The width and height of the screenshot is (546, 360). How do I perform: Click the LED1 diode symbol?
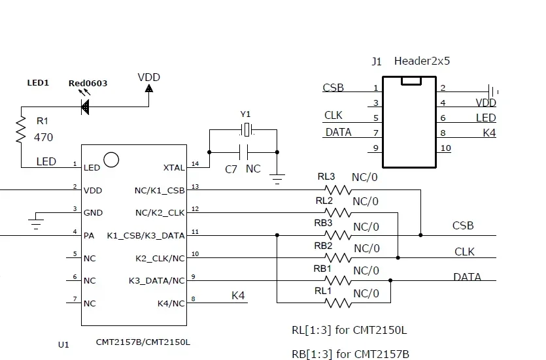tap(85, 106)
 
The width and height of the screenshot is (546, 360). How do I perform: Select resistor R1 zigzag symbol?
tap(21, 129)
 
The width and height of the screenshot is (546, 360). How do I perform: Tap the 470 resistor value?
tap(44, 137)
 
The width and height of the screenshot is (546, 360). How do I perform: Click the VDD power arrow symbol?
tap(148, 89)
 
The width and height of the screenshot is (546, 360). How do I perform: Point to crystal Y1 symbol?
tap(247, 130)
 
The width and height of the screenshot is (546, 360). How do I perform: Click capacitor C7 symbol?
tap(243, 152)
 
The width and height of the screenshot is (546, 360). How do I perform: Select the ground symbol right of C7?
tap(277, 179)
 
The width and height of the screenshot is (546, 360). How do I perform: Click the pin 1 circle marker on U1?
tap(111, 160)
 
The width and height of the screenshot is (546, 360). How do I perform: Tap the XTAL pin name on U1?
tap(174, 168)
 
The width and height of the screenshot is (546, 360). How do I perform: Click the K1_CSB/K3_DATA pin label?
tap(146, 236)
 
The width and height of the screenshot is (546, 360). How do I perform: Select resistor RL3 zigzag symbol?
tap(338, 190)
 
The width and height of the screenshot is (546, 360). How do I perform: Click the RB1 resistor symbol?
tap(338, 280)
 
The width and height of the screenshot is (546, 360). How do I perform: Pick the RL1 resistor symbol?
tap(338, 303)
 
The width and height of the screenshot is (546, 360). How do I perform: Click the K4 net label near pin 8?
tap(238, 295)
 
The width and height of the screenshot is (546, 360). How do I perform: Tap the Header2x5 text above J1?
tap(422, 61)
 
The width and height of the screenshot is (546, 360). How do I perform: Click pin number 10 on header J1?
tap(446, 148)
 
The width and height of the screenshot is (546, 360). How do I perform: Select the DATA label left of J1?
tap(339, 132)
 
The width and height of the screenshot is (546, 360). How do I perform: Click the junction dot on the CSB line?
tap(420, 235)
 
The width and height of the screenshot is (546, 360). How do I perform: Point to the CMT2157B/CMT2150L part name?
tap(143, 342)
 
